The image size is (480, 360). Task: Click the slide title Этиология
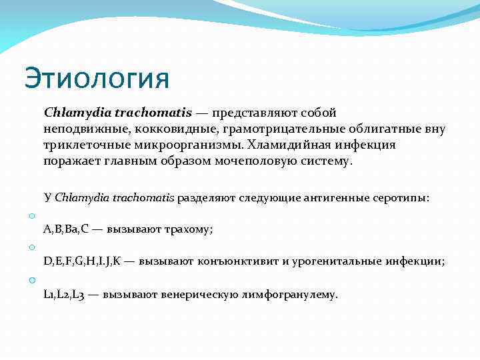[x=97, y=79]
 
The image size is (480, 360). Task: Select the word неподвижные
[x=76, y=129]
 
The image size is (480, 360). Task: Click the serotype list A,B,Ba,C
[x=65, y=229]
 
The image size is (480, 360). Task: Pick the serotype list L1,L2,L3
[x=64, y=293]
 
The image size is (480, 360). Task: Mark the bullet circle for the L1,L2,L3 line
[x=31, y=279]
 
